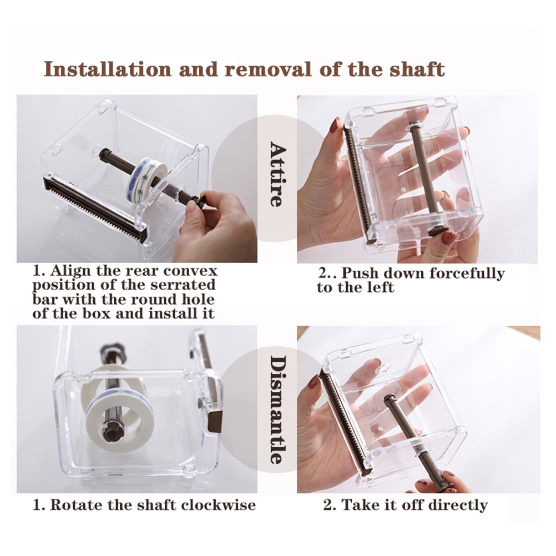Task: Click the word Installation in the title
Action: click(108, 69)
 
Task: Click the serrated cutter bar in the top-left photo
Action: click(93, 209)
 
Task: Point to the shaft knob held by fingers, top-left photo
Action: click(196, 202)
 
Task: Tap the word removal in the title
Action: click(269, 69)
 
